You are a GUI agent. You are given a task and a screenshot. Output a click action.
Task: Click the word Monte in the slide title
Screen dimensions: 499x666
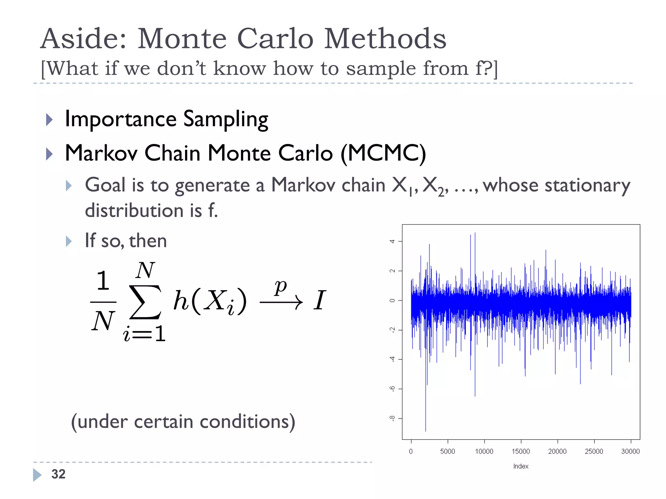pos(182,39)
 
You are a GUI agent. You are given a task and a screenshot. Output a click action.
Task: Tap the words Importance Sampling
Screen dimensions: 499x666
pos(166,119)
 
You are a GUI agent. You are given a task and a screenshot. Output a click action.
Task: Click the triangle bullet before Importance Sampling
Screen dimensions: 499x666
pos(49,120)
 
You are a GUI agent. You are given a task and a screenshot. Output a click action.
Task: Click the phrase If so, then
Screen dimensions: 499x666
pos(126,241)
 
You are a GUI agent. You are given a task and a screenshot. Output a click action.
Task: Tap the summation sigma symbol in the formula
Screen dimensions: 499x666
pos(145,302)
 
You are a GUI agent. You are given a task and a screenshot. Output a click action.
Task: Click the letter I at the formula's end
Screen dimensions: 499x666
pos(319,300)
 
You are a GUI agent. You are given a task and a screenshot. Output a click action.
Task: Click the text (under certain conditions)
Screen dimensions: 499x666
pos(183,422)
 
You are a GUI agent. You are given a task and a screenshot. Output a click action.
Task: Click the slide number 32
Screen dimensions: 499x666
pos(59,474)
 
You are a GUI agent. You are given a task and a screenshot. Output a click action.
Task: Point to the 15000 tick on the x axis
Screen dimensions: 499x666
pos(521,451)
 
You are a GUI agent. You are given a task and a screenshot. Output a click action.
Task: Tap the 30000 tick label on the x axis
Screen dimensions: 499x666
pos(630,451)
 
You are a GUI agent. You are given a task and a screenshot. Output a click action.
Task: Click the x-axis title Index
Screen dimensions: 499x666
pos(521,466)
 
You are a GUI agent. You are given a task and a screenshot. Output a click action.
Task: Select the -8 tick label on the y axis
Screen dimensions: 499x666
pos(393,418)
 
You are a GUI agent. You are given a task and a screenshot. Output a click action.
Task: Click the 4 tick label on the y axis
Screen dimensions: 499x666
pos(393,241)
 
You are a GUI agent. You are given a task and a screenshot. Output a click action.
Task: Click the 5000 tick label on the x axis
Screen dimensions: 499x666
pos(447,451)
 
